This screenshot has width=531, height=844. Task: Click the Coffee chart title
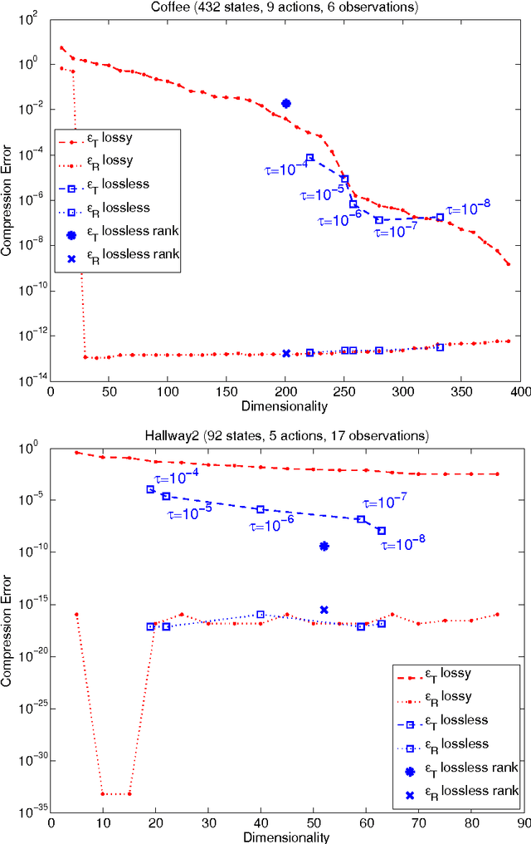point(285,7)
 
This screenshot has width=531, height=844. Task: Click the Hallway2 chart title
point(285,435)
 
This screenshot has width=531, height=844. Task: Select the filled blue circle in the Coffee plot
point(286,104)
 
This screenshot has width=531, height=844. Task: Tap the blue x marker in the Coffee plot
point(286,353)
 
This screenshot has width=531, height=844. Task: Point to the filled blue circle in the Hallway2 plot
point(324,546)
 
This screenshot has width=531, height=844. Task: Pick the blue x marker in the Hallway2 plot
point(324,610)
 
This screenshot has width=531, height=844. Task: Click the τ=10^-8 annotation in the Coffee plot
point(469,209)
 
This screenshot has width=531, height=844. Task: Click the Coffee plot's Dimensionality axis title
point(285,406)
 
